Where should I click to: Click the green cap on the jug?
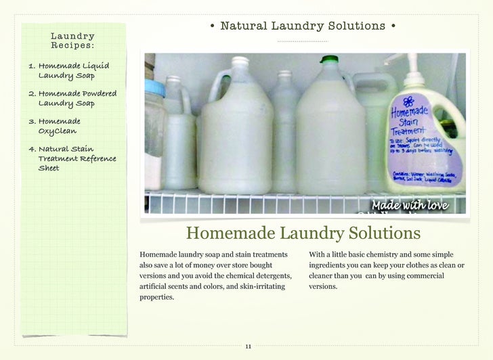click(329, 60)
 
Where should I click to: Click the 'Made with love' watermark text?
click(409, 205)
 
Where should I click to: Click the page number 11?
click(248, 346)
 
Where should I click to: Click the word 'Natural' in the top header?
click(244, 26)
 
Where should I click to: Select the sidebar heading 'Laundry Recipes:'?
click(72, 41)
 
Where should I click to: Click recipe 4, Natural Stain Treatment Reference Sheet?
click(72, 158)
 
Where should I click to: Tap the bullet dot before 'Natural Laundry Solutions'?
click(212, 26)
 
